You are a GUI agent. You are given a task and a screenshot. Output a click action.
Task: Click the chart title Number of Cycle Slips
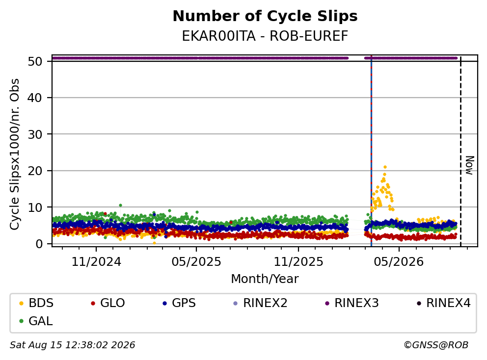(265, 16)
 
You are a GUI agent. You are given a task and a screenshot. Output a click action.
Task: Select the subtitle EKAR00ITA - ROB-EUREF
(265, 36)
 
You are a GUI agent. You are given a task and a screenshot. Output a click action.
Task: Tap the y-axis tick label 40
(35, 98)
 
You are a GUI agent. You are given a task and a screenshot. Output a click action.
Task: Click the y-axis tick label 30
(35, 134)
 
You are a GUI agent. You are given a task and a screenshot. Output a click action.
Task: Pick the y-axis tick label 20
(35, 171)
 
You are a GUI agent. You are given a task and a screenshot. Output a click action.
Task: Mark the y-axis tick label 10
(35, 207)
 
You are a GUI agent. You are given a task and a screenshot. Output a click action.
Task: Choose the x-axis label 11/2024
(96, 262)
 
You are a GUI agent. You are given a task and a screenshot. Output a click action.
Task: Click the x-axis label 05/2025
(196, 262)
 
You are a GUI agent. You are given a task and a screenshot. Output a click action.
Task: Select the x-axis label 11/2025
(298, 262)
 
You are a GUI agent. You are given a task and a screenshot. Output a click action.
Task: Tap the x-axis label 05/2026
(399, 262)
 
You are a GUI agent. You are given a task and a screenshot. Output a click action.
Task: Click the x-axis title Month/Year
(265, 279)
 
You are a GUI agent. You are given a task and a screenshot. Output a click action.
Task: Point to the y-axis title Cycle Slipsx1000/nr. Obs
(15, 154)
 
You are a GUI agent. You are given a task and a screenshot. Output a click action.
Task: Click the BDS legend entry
(36, 303)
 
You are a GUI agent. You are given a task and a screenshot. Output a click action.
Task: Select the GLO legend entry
(108, 303)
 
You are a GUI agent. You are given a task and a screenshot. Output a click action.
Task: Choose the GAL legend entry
(36, 321)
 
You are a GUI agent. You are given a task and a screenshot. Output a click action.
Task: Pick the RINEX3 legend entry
(352, 303)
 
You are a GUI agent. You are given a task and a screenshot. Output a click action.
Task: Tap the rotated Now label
(470, 165)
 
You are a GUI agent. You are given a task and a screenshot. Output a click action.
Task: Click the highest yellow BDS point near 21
(385, 167)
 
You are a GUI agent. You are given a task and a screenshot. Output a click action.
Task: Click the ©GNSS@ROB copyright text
(436, 345)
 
